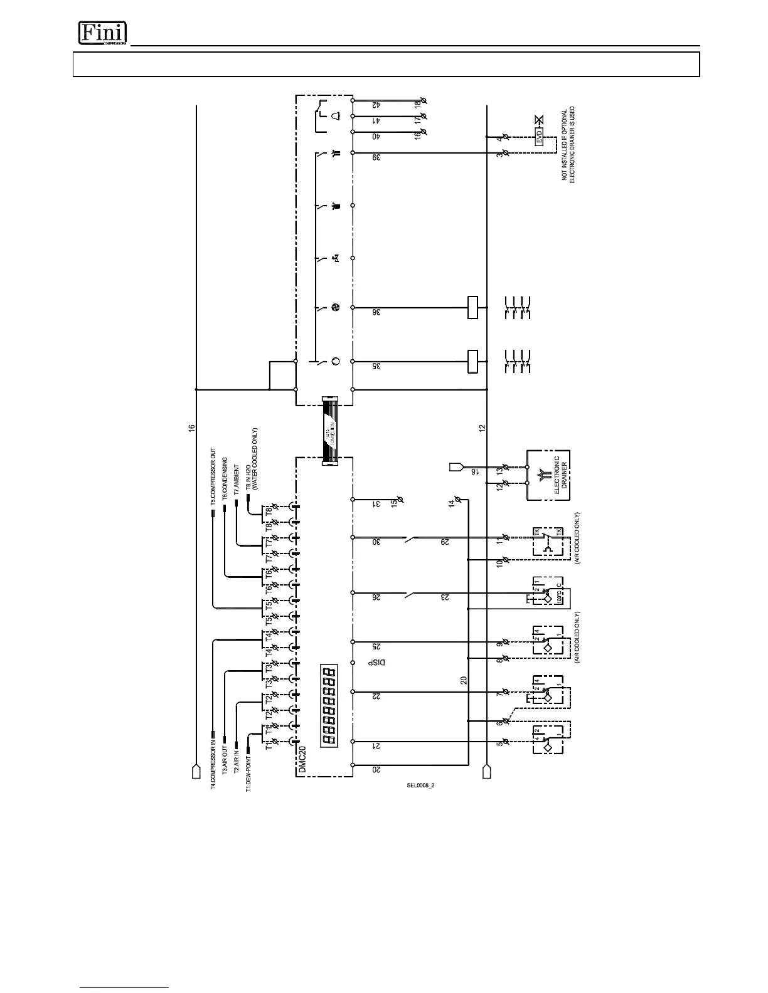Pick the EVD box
(x=538, y=137)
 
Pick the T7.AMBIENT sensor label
(x=237, y=480)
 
